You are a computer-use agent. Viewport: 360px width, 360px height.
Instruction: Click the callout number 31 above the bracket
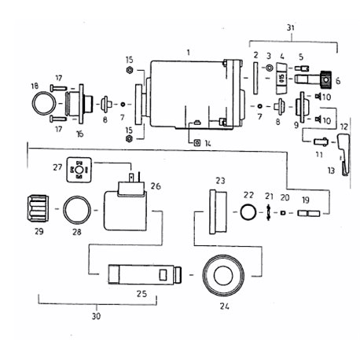290,28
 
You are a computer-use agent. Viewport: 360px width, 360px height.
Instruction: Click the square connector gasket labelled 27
79,170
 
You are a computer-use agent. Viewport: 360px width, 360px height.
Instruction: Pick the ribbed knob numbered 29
38,208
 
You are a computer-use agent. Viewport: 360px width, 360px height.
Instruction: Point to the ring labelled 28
64,210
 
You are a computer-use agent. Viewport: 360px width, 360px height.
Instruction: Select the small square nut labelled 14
197,143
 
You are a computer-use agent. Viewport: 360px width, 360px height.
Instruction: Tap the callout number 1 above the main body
189,53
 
